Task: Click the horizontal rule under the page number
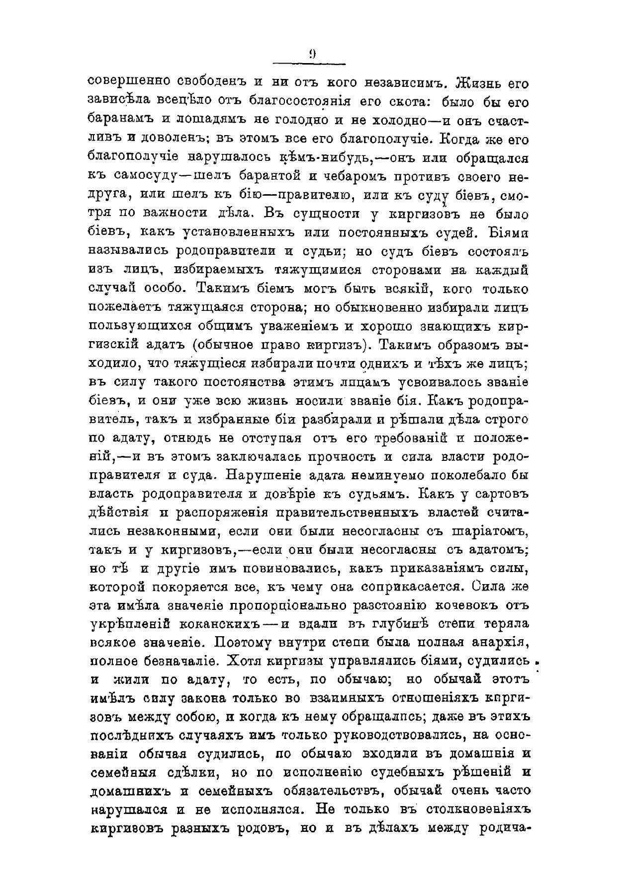tap(310, 63)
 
